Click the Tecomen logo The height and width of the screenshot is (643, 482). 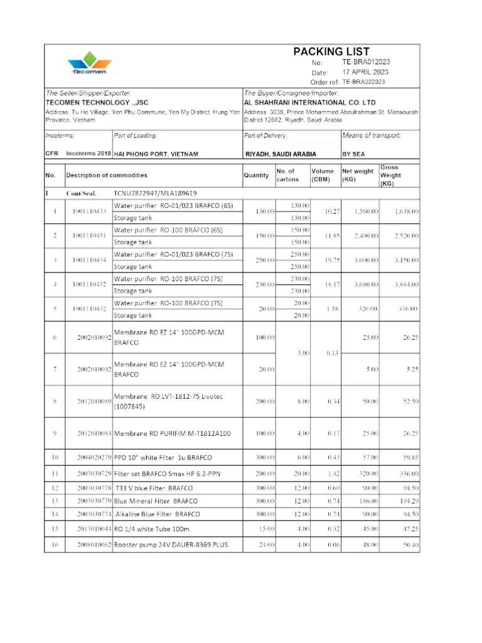point(89,65)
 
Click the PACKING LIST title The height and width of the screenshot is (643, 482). point(331,51)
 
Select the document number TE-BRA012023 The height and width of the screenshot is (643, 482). point(366,62)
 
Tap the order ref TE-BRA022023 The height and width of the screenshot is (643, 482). point(364,82)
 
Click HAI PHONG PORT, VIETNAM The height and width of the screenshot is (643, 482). point(156,154)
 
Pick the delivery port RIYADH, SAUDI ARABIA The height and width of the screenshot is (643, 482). point(280,154)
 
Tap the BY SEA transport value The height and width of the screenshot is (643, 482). point(355,154)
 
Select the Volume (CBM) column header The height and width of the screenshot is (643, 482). point(323,175)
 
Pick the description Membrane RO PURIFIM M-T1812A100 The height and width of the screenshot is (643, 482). point(172,433)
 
